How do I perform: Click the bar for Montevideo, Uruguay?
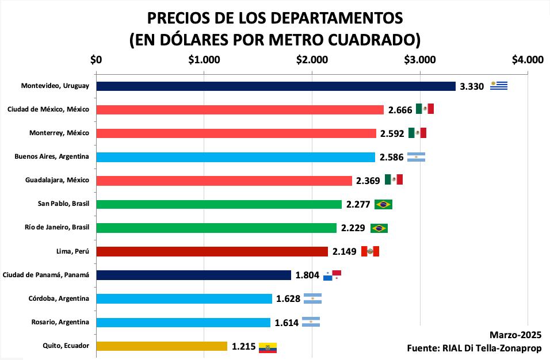276,86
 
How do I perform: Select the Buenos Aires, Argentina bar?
236,157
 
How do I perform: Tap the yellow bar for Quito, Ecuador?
162,346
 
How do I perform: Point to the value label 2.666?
400,110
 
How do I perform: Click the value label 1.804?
307,275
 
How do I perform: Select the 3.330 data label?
472,87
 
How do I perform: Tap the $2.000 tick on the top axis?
312,59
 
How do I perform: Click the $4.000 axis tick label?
528,59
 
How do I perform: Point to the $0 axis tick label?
96,59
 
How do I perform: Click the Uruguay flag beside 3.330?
499,86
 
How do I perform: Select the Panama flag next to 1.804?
333,275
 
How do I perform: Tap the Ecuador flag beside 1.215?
268,347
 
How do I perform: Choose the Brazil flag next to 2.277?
383,204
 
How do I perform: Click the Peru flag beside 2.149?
371,251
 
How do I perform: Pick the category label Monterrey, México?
59,133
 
